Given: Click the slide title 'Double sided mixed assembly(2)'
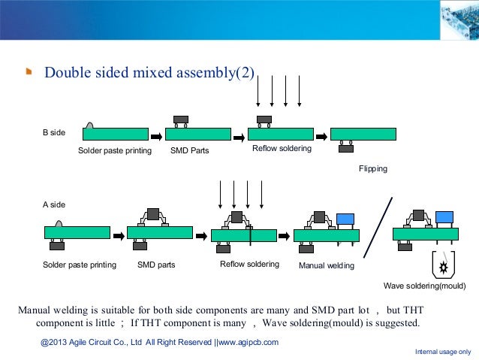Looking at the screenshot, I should point(150,73).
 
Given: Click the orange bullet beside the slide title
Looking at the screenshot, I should point(28,73).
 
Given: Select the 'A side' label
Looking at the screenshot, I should point(53,204).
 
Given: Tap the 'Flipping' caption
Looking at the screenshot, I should point(373,169).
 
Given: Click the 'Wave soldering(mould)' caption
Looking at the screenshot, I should point(425,286).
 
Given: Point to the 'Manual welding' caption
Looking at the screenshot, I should point(327,265).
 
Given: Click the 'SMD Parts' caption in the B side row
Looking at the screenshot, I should point(190,151).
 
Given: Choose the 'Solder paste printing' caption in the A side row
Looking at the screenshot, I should point(79,265).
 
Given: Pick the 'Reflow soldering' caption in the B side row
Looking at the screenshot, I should point(282,150).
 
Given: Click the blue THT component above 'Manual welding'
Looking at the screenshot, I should point(345,219).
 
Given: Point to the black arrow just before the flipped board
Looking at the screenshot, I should point(320,135).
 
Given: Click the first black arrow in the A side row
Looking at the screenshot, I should point(119,235).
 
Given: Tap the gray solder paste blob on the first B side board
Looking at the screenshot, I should point(89,126).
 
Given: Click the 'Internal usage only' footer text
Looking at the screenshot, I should point(442,352).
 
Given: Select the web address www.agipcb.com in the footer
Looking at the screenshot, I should point(249,343).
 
